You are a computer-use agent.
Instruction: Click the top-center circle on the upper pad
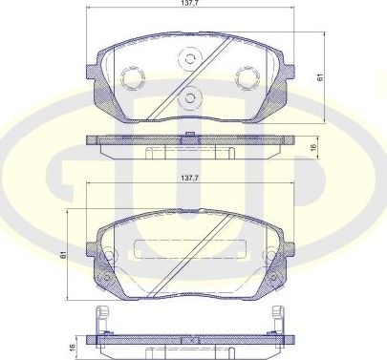[x=189, y=59]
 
